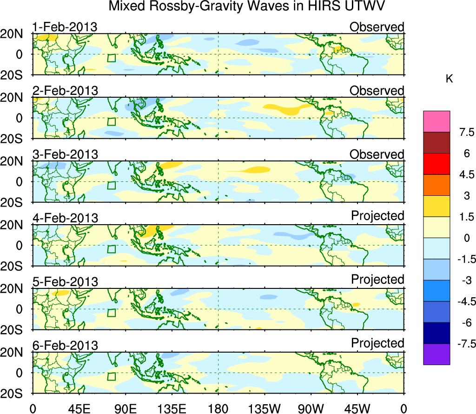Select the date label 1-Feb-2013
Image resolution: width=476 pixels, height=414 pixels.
[x=65, y=27]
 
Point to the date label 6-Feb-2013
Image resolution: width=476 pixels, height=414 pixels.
[x=65, y=346]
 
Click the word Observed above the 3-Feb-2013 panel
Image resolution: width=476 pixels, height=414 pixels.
[x=377, y=154]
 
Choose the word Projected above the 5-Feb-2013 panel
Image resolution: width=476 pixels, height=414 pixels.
[x=377, y=280]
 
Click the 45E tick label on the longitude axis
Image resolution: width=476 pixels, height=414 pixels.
[x=79, y=408]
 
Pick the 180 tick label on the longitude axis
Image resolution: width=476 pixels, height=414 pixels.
[x=218, y=408]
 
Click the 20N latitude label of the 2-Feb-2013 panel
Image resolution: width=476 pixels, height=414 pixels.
[x=16, y=98]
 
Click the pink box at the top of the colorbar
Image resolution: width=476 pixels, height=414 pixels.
[x=436, y=121]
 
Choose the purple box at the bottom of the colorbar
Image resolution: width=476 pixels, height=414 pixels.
[x=436, y=354]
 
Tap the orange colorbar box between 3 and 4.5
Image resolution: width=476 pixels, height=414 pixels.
[x=436, y=185]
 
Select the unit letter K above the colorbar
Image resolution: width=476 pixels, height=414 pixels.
[x=450, y=80]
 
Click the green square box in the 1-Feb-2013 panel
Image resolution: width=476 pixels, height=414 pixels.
[x=111, y=58]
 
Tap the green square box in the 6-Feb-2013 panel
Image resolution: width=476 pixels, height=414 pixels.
[x=111, y=376]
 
